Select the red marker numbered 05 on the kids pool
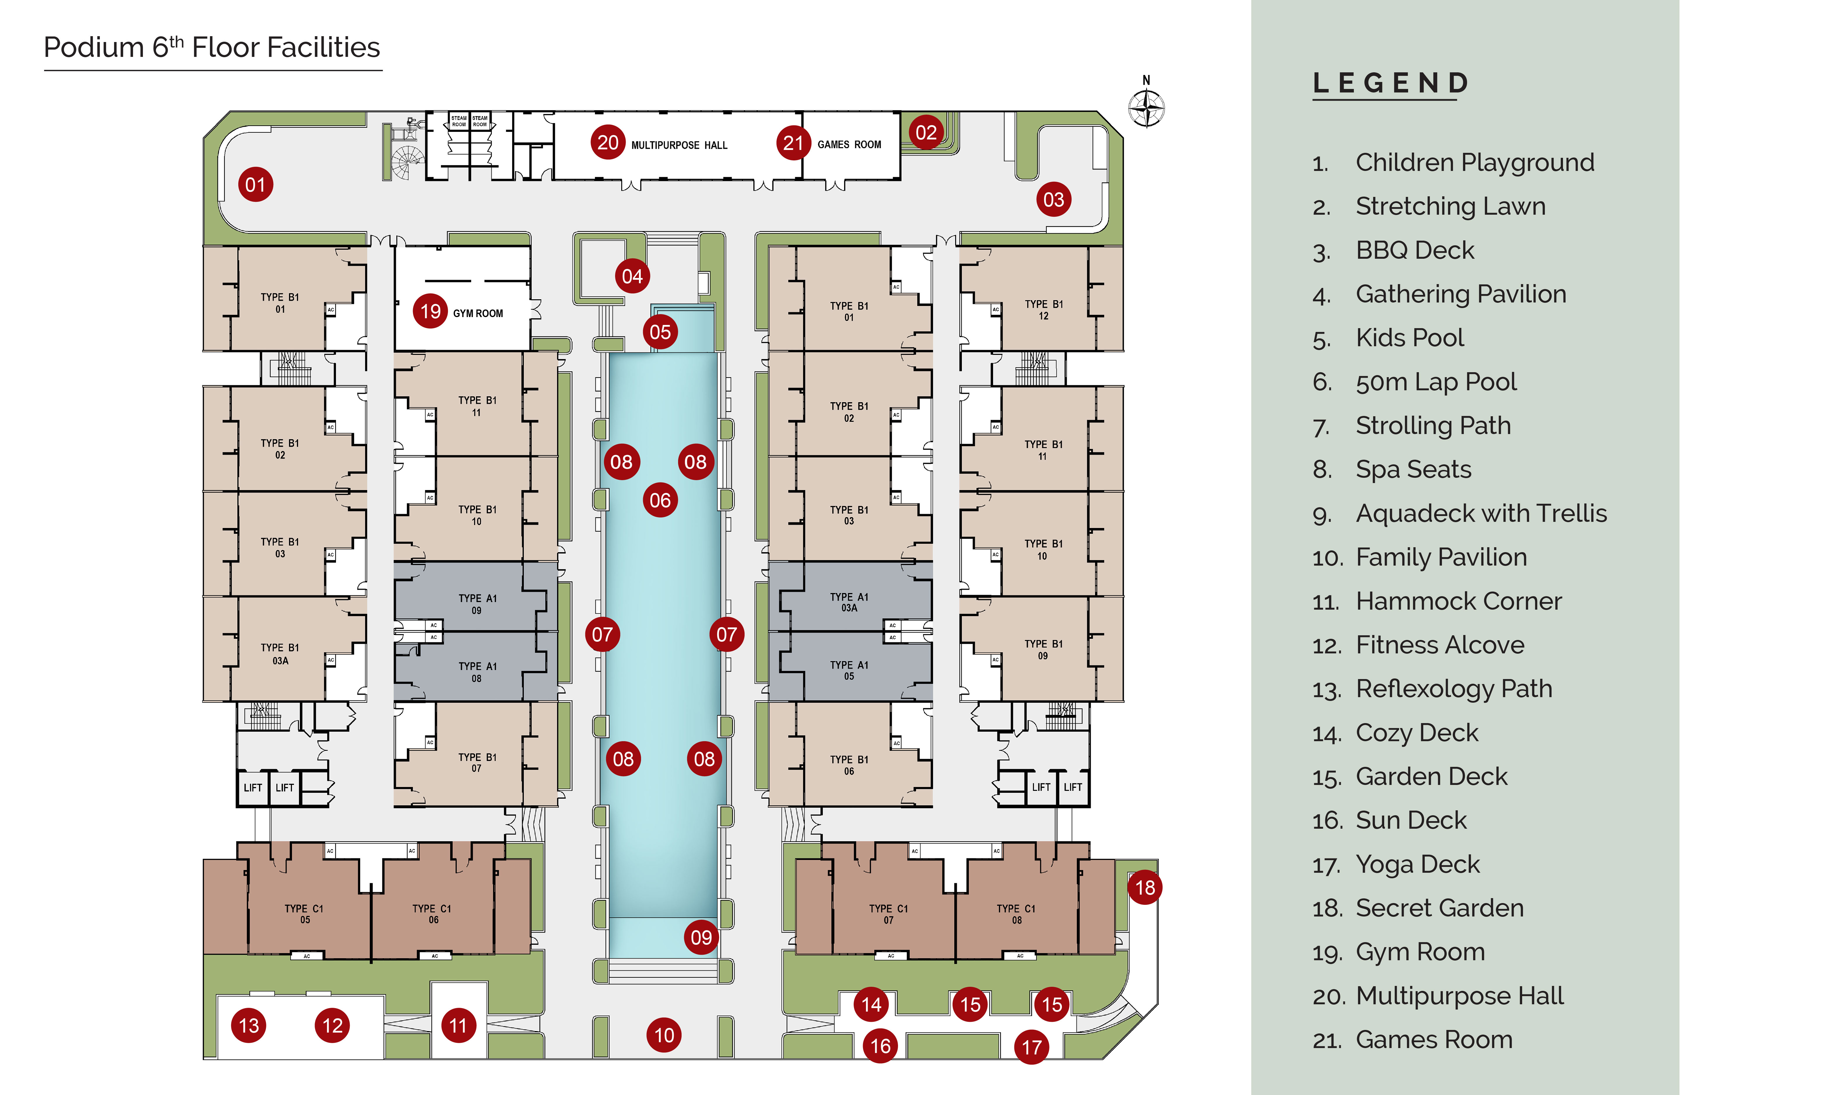click(660, 332)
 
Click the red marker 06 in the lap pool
click(660, 500)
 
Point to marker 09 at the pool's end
click(701, 937)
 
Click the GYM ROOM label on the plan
click(478, 314)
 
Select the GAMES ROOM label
click(849, 145)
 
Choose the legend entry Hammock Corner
click(1458, 601)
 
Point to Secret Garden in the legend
click(1439, 908)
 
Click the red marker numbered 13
click(249, 1026)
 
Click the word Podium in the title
click(94, 48)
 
